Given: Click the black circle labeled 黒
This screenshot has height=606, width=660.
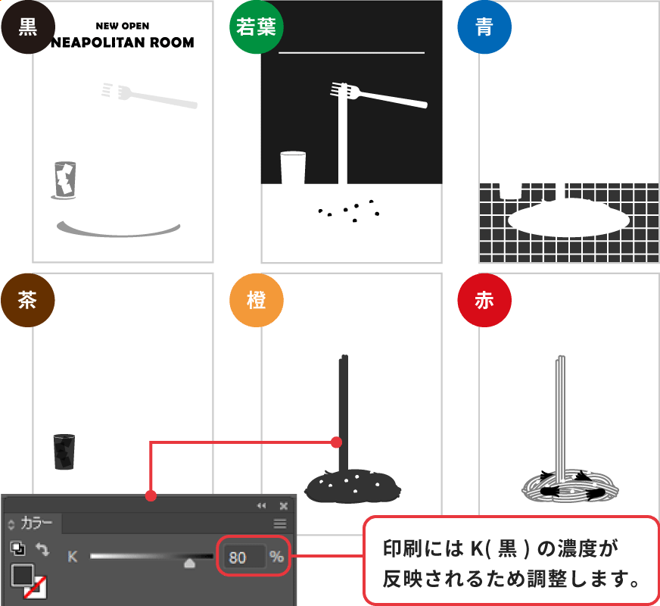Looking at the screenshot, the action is [x=28, y=27].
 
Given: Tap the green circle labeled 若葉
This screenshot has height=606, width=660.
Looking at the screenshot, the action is [x=257, y=27].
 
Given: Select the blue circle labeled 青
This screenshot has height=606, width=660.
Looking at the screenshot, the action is [x=484, y=27].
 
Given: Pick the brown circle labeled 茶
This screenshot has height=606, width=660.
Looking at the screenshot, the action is [x=28, y=300].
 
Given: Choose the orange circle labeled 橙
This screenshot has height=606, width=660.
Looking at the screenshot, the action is [x=257, y=300].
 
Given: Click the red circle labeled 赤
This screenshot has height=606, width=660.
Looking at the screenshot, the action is [x=484, y=300].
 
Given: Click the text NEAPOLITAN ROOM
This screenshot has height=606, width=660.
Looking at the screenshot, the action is [x=123, y=42].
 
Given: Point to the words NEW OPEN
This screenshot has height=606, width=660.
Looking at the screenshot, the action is [x=123, y=26].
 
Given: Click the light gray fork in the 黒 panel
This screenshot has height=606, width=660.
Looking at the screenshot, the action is [x=149, y=95].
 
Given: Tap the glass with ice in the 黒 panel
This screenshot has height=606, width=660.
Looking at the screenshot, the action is [x=65, y=179].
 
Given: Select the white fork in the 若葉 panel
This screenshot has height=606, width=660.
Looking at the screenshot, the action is [x=378, y=95].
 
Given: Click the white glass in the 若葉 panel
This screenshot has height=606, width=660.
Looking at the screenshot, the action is [x=293, y=167].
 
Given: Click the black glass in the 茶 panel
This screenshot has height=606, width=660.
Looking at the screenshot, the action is [x=64, y=452].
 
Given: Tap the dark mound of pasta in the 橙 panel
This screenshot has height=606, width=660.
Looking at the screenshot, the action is [x=353, y=486].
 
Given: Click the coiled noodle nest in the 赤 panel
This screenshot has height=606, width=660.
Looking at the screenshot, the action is [x=571, y=486].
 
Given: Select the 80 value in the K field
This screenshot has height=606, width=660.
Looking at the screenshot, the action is [x=238, y=558].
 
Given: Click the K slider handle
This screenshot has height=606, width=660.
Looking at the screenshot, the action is [x=190, y=563].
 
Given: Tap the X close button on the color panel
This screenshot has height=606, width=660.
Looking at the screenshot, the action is [x=284, y=506].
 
